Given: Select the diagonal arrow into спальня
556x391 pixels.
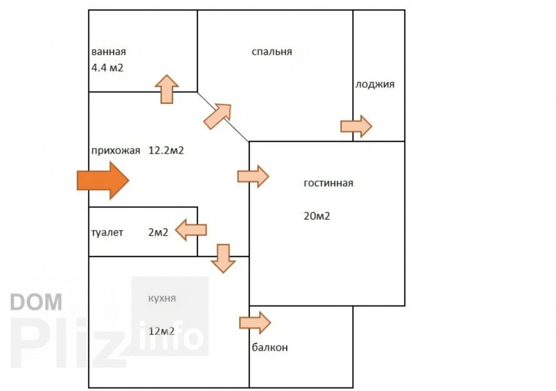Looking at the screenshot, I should pos(217,116).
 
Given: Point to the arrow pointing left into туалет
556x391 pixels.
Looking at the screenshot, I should pos(191,230).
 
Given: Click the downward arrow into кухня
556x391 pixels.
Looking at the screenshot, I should pos(223,258).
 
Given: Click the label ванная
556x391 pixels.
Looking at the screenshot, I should pos(108,52).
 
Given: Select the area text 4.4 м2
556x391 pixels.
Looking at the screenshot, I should pos(107,67).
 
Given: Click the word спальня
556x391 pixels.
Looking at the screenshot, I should pos(272,51).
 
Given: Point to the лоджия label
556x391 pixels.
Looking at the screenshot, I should pos(375,85).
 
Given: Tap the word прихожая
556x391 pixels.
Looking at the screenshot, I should pos(115,150).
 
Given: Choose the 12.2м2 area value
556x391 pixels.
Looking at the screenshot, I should pos(166,150).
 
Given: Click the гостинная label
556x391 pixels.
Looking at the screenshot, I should pos(328,183).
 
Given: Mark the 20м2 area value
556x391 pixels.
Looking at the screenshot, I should pos(316,216).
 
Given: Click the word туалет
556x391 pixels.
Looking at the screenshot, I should pos(107,233).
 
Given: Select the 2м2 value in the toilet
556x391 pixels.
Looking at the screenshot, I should pos(158,233).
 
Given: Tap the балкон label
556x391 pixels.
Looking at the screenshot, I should pos(270,348).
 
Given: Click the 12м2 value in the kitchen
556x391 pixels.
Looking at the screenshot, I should pos(162,331).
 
